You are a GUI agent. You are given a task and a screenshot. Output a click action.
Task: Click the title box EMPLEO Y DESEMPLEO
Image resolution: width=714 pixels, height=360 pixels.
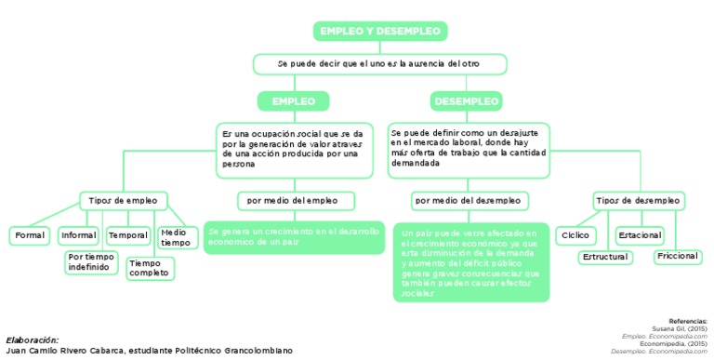[x=380, y=32]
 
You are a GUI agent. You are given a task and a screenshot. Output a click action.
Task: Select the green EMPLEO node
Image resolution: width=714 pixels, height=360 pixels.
[x=293, y=100]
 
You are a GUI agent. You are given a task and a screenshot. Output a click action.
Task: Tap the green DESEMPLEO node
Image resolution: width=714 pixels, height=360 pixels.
[x=466, y=100]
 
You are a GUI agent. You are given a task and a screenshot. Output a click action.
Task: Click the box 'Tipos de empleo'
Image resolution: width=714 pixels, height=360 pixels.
[x=123, y=200]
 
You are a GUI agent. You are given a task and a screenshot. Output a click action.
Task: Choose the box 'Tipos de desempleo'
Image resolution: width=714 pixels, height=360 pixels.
[x=638, y=200]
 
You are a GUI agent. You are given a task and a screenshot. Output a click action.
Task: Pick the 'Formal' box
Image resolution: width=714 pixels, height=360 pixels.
[x=30, y=235]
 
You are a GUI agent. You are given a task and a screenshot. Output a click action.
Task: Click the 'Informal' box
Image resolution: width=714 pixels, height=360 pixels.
[x=78, y=235]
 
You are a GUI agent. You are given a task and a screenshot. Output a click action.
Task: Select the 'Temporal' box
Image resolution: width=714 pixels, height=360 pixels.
[x=127, y=235]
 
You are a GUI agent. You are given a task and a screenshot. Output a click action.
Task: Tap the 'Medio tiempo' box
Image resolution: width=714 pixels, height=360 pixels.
[x=174, y=237]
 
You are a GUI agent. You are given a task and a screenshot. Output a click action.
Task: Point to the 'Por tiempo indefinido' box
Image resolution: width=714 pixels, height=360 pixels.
[x=91, y=261]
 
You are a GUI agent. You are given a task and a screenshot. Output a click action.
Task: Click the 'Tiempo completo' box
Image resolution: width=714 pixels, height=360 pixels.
[x=150, y=268]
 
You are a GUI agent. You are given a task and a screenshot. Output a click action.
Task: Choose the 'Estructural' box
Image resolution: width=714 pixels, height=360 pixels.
[x=604, y=257]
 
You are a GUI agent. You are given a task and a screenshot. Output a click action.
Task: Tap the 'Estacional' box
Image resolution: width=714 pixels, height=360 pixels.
[x=639, y=235]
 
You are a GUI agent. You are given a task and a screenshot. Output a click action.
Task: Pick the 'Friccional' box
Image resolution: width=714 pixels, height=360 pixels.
[x=676, y=255]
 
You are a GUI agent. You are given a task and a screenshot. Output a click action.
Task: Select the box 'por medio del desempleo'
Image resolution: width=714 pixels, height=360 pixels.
[x=468, y=200]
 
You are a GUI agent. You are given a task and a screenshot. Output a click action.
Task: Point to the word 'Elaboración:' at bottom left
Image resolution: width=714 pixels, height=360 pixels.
[x=32, y=340]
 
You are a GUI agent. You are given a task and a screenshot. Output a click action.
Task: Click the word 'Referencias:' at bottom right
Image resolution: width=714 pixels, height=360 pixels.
[x=688, y=320]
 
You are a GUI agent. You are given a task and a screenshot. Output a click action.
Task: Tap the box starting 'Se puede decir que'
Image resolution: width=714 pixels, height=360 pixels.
[x=379, y=63]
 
